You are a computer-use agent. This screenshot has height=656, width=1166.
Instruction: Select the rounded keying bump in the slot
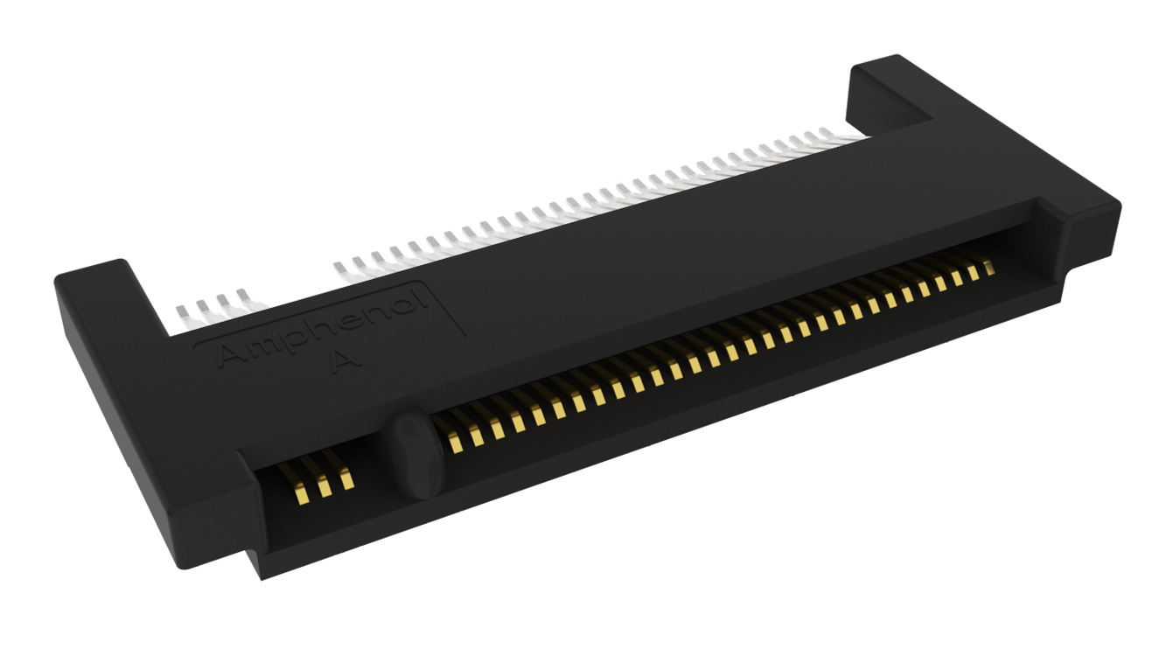(x=415, y=453)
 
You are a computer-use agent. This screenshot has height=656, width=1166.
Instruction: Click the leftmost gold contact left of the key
(x=302, y=491)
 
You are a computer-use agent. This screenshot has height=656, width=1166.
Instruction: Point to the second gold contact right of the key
(x=476, y=436)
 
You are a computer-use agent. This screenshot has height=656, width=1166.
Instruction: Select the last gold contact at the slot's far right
(x=988, y=267)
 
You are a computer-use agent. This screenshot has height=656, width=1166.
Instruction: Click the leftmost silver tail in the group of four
(x=183, y=316)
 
